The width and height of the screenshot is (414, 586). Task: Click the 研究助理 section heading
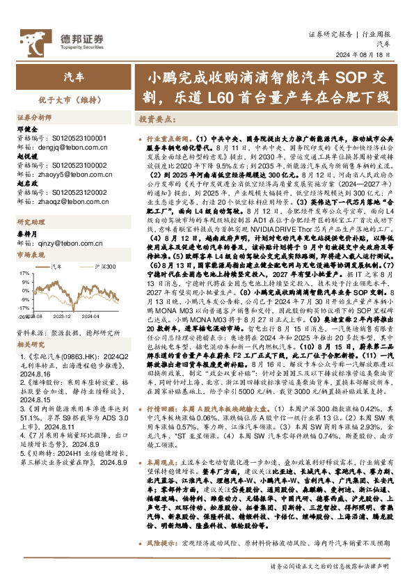(x=30, y=222)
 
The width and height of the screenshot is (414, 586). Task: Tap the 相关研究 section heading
(x=30, y=345)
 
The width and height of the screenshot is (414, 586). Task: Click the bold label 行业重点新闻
(x=164, y=139)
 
